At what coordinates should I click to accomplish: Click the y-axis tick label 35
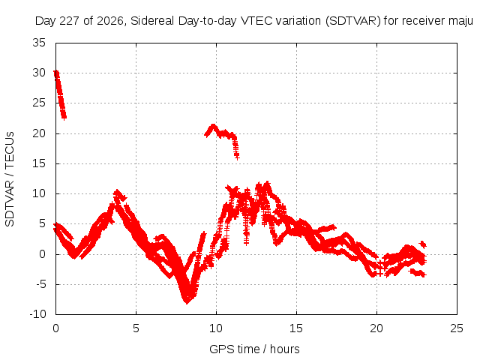pos(39,43)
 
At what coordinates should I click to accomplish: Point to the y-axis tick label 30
pos(39,73)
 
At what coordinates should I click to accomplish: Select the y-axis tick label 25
pos(39,103)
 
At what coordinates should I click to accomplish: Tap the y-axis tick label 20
pos(39,133)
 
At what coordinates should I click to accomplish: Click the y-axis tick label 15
pos(39,163)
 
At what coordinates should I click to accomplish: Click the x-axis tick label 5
pos(136,328)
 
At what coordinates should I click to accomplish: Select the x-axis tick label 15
pos(296,328)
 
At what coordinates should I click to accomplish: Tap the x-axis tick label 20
pos(376,328)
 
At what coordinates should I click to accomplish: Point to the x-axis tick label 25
pos(457,328)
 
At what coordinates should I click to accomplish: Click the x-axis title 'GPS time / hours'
pos(254,349)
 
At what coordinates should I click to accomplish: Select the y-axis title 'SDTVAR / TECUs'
pos(10,179)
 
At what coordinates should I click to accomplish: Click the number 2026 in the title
pos(110,21)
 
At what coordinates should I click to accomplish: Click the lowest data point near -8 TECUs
pos(187,301)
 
